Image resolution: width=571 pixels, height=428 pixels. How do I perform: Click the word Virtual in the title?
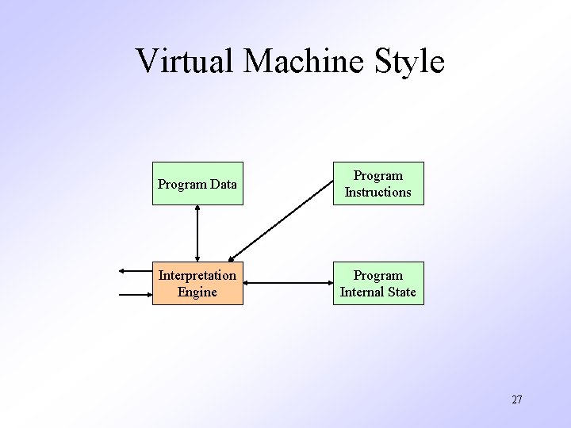[183, 61]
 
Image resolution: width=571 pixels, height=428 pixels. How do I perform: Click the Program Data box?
[197, 184]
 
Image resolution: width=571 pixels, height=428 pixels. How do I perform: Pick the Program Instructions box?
[377, 184]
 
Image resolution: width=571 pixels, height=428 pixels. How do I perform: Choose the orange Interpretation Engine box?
[197, 284]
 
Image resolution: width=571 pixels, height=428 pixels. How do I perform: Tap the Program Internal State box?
[377, 284]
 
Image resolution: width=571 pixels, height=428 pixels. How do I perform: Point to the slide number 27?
[516, 399]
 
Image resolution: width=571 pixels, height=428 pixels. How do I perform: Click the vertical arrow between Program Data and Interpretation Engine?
[197, 234]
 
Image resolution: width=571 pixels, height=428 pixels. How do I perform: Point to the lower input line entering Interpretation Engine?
[135, 296]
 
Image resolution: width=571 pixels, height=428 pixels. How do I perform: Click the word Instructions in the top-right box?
[377, 193]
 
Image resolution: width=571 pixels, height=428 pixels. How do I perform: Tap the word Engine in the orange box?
[197, 292]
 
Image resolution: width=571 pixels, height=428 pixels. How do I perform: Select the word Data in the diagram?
[223, 185]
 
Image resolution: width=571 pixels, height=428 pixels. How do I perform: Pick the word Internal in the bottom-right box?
[360, 292]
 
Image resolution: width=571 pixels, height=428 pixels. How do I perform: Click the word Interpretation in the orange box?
[197, 276]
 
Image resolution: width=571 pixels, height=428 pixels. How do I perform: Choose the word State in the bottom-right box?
[400, 292]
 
